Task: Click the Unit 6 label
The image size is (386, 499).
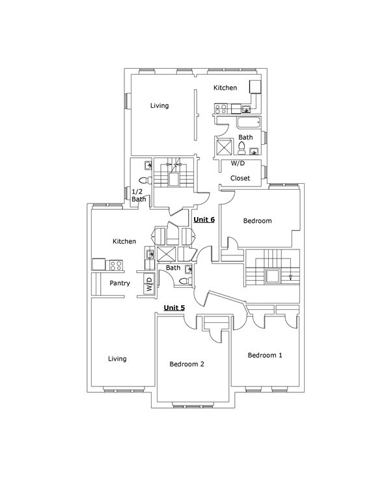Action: coord(204,220)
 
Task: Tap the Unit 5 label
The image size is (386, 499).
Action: coord(174,308)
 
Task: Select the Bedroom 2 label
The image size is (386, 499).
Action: coord(186,364)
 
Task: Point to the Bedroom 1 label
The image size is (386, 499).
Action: coord(265,355)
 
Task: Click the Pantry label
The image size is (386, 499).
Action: coord(120,283)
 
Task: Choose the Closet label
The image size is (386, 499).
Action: coord(240,178)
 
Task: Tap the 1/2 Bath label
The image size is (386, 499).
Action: coord(139,196)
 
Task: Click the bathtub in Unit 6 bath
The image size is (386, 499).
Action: coord(249,123)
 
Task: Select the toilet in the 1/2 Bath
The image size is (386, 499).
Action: coord(146,180)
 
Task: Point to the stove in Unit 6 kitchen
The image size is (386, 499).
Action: coord(221,109)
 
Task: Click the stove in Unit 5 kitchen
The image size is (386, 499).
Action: coord(116,265)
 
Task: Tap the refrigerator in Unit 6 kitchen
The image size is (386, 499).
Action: coord(255,86)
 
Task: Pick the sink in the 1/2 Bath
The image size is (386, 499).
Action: coord(148,165)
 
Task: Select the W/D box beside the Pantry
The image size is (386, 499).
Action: coord(149,284)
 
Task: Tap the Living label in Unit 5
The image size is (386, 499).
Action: coord(117,359)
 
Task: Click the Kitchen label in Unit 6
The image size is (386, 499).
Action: coord(225,88)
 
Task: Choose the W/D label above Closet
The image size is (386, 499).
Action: coord(238,163)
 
